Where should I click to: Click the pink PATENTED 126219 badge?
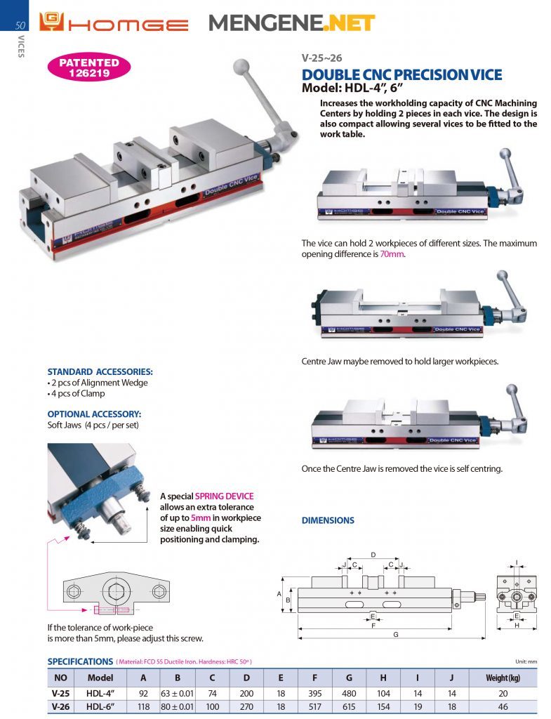[89, 67]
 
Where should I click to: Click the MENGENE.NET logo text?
[291, 24]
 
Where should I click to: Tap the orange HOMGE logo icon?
[52, 23]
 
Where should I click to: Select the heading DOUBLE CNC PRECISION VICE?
[401, 75]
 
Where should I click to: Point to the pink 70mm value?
[392, 253]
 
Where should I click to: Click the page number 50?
[20, 25]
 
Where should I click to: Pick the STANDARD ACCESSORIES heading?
[100, 371]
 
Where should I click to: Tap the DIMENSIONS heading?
[328, 520]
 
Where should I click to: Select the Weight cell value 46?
[503, 706]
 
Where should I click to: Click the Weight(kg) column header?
[503, 678]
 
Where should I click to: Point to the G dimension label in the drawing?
[396, 634]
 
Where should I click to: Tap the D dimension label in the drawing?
[373, 554]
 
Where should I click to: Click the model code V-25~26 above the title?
[321, 58]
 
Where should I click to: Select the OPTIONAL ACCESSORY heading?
[94, 414]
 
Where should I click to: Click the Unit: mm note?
[525, 661]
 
